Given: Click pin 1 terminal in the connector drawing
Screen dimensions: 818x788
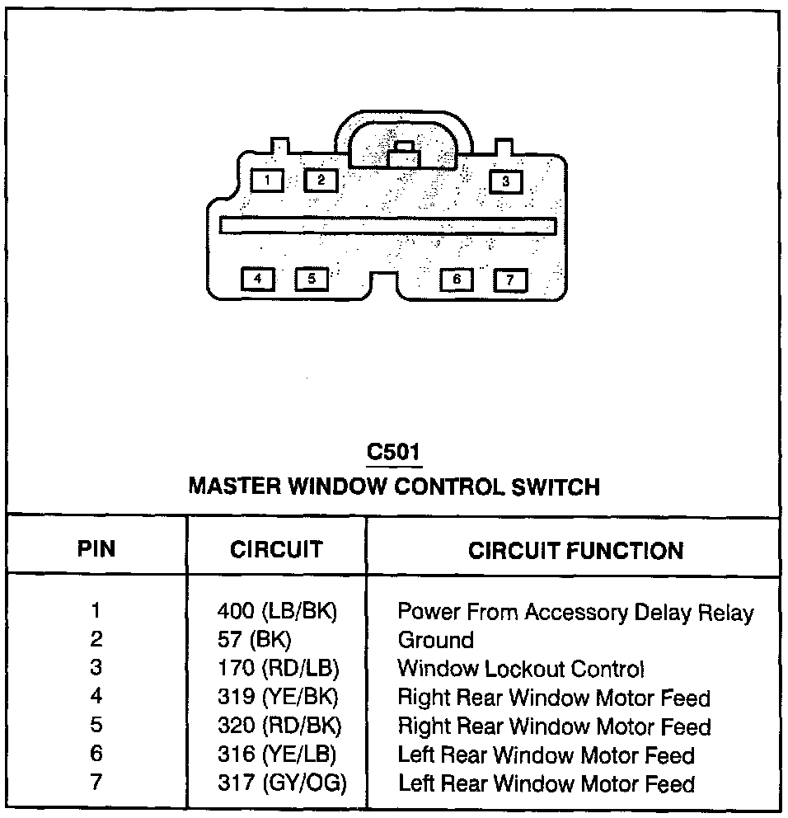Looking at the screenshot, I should pos(268,180).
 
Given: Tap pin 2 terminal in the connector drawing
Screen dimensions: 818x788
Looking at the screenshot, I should pos(321,180).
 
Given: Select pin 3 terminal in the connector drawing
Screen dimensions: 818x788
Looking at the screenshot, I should pos(506,181).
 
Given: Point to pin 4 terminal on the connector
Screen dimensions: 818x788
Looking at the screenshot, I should pos(258,279).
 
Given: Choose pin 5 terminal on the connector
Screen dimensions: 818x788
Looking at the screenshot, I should pos(312,279).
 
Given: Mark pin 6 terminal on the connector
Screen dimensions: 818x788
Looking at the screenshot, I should pos(457,280).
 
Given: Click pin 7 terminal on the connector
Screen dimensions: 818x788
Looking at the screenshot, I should pos(510,280).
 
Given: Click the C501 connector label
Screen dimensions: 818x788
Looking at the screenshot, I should pos(393,453).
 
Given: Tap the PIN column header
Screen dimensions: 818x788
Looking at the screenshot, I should pos(96,550).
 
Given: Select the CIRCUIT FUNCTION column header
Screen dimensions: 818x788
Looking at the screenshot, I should pos(575,551).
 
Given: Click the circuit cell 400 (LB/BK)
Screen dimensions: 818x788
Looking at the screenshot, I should pos(278,612).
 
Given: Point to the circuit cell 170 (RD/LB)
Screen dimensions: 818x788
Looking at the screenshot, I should pos(278,669).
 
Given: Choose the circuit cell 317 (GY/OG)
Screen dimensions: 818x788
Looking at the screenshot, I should pos(281,783).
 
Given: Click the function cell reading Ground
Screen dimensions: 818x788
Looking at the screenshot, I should pos(435,640).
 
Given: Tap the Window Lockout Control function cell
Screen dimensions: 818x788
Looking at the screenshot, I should pos(521,669).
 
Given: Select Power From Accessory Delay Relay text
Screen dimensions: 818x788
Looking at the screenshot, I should pos(575,612).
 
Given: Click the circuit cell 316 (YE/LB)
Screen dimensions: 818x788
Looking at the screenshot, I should pos(277,755).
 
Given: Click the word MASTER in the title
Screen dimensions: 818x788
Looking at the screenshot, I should pos(234,487).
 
